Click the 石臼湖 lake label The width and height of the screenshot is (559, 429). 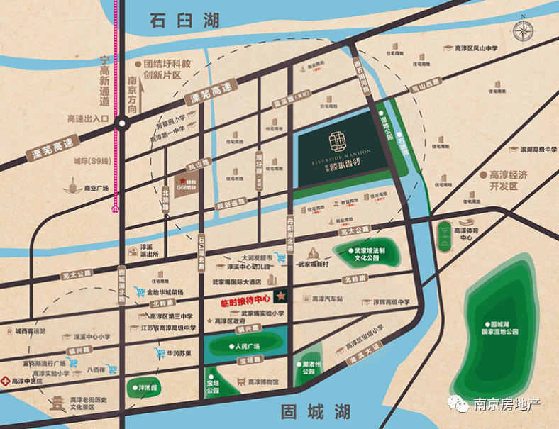click(184, 22)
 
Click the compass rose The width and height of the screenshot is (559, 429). click(524, 31)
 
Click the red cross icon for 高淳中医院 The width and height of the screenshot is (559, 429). click(5, 381)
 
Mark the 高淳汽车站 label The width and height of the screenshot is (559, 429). click(327, 299)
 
